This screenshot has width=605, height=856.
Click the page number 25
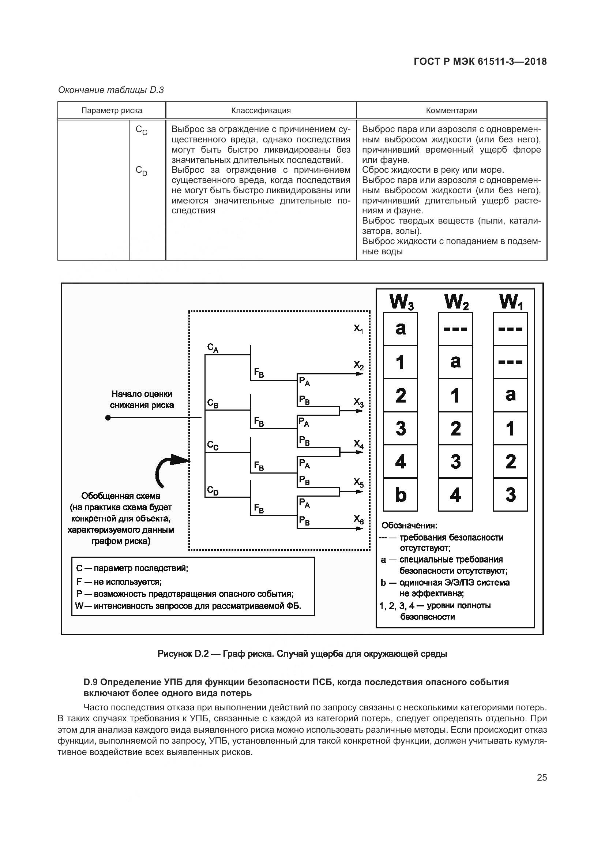542,777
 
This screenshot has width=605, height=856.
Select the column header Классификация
261,111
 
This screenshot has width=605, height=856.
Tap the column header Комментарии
451,111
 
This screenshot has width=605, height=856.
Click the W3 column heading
401,302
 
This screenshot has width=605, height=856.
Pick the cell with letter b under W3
401,494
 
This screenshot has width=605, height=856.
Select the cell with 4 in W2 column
455,494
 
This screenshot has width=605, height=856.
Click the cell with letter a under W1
510,395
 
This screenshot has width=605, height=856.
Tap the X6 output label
358,519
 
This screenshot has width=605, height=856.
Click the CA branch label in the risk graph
213,348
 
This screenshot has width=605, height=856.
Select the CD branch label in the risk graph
213,491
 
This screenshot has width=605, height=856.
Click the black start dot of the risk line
108,418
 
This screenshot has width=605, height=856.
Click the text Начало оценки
142,394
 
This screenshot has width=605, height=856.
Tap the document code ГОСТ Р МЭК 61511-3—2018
480,61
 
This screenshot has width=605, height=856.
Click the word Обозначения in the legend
409,525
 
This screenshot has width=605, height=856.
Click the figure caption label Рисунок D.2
183,654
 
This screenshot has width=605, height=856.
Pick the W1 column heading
511,302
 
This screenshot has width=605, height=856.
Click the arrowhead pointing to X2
360,373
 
